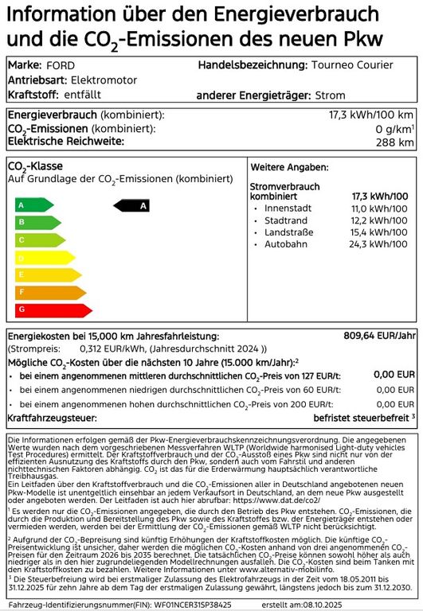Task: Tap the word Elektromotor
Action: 104,80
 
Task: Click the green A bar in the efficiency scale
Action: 34,204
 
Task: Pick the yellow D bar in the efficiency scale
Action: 42,257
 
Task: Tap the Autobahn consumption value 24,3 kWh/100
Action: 379,243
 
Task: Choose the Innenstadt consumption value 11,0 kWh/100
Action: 379,208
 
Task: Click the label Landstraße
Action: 290,232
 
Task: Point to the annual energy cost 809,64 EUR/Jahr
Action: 378,336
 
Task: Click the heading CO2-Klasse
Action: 35,166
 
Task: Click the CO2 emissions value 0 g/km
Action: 394,129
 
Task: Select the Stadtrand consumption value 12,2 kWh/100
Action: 379,220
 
